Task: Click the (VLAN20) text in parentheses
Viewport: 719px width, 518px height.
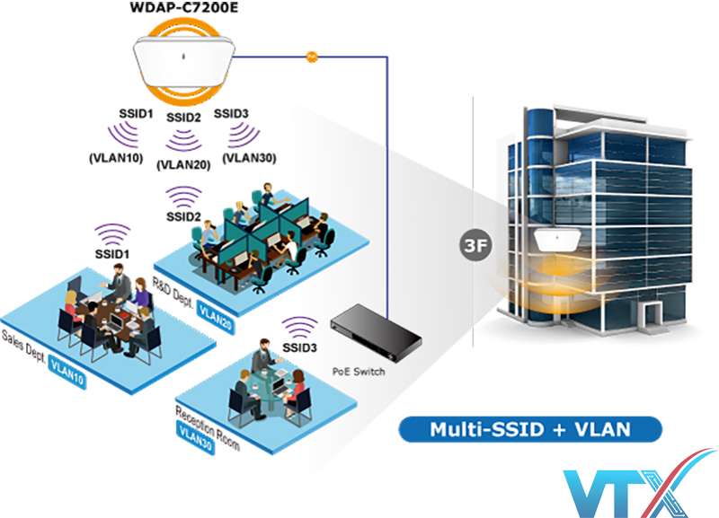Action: point(183,164)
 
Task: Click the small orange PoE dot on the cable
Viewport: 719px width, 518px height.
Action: point(312,57)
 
